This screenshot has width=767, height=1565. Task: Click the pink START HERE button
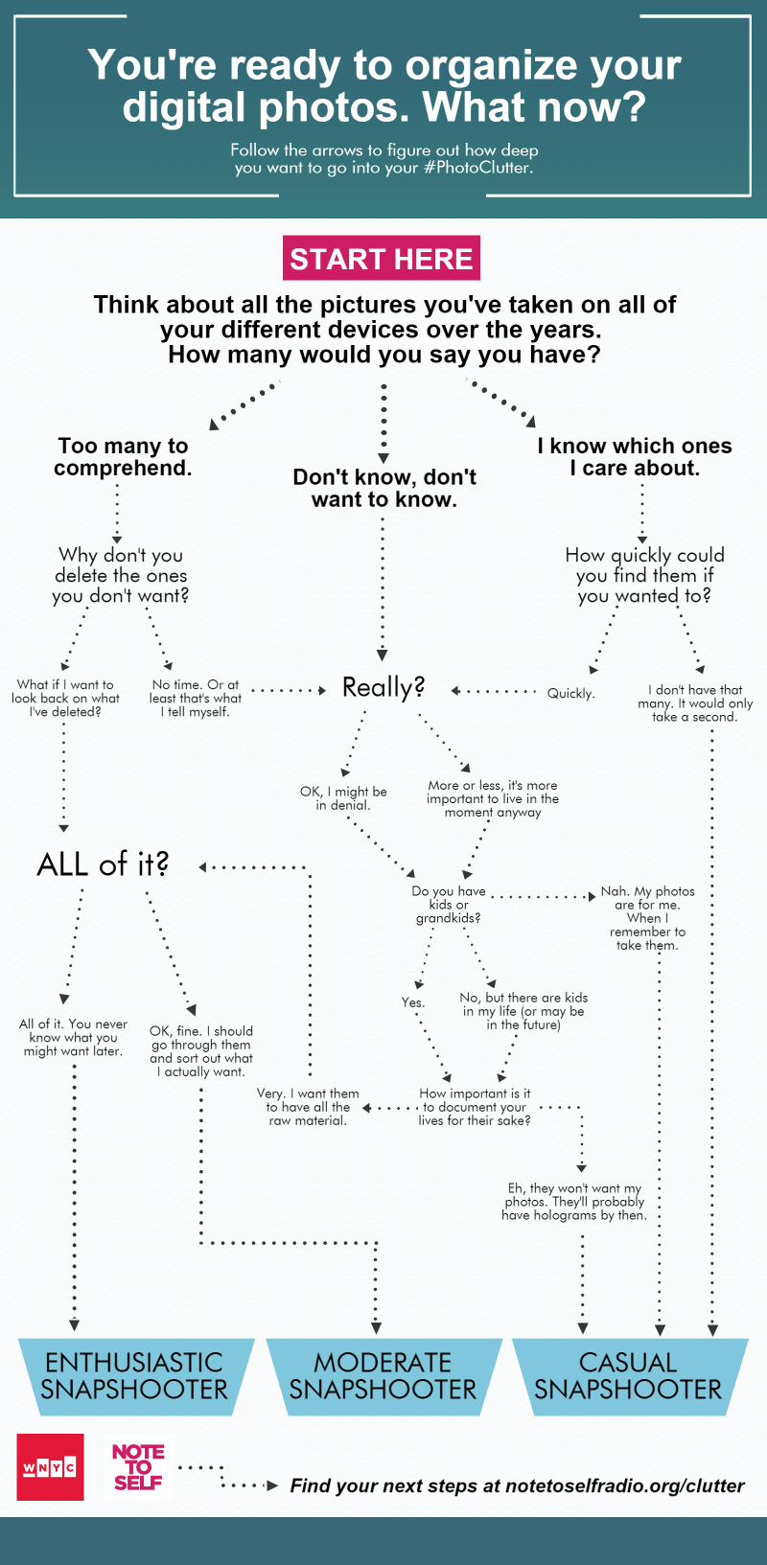(381, 259)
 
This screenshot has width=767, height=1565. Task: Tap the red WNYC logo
(51, 1466)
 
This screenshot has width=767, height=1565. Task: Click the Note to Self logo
(138, 1466)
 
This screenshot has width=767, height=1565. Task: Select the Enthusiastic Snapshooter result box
(135, 1376)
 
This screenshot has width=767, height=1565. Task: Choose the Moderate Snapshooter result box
(383, 1376)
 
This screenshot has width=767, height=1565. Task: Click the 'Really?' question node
(383, 687)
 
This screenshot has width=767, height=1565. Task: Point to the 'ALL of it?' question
(103, 864)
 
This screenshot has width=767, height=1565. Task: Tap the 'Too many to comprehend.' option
(123, 456)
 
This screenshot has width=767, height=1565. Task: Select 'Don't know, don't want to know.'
(383, 488)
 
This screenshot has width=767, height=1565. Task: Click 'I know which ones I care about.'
(635, 456)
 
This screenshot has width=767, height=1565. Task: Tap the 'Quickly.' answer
(570, 693)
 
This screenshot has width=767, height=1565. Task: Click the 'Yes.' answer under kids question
(413, 1001)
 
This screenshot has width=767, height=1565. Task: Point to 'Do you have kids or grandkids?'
(448, 904)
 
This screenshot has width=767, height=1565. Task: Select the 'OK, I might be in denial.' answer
(343, 798)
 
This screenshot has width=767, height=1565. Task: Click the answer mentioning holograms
(574, 1201)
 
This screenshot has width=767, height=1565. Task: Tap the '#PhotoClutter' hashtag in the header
(477, 168)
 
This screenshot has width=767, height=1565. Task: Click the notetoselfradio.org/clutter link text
(624, 1485)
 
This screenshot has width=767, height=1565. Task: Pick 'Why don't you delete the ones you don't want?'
(120, 575)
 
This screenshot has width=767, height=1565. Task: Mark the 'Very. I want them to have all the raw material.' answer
(308, 1107)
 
